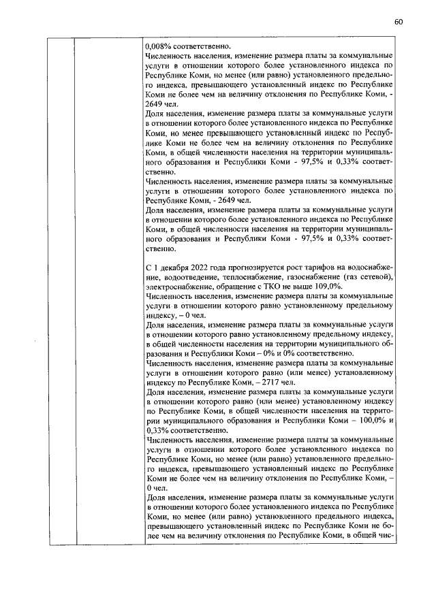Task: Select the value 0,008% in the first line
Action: pos(158,44)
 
